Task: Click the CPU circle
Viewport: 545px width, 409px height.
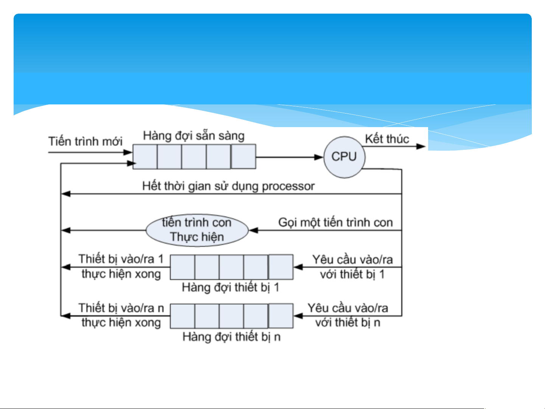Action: pos(344,157)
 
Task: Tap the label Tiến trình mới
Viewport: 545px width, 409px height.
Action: pos(85,142)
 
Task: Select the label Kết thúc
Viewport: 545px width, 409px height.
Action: pos(387,139)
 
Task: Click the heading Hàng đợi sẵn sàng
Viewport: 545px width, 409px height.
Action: pos(194,135)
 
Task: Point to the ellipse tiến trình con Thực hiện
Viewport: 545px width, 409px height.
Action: pos(197,230)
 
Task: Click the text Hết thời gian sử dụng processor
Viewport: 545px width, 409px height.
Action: pos(228,186)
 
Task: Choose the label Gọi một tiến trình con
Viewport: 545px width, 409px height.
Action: pos(335,222)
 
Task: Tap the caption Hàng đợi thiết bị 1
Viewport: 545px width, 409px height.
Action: pos(231,288)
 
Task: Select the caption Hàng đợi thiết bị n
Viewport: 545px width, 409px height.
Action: pos(231,336)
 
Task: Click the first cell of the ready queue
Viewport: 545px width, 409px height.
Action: pos(145,157)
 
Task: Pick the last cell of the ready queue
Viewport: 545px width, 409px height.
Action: pos(243,156)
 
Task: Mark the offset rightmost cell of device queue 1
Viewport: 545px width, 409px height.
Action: pos(281,267)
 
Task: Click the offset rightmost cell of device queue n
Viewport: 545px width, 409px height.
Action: pos(281,316)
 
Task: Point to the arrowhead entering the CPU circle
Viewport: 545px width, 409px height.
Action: pos(320,157)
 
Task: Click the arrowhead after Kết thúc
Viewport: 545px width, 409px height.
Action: pos(421,146)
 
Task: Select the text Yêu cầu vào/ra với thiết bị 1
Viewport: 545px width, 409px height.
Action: pos(352,267)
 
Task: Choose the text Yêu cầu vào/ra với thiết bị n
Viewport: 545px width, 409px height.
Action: pos(348,315)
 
